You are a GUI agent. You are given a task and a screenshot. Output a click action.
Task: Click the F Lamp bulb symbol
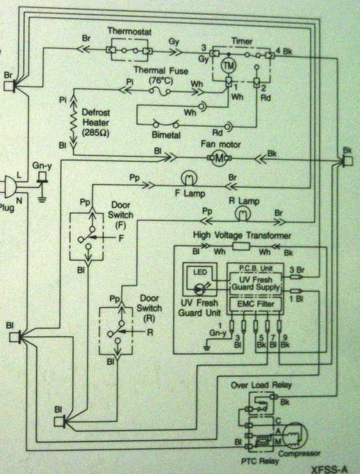tap(188, 178)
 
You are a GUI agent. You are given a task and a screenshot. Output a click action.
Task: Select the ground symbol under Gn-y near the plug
tap(41, 199)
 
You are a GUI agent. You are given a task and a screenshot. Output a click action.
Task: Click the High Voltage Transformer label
tap(243, 235)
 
